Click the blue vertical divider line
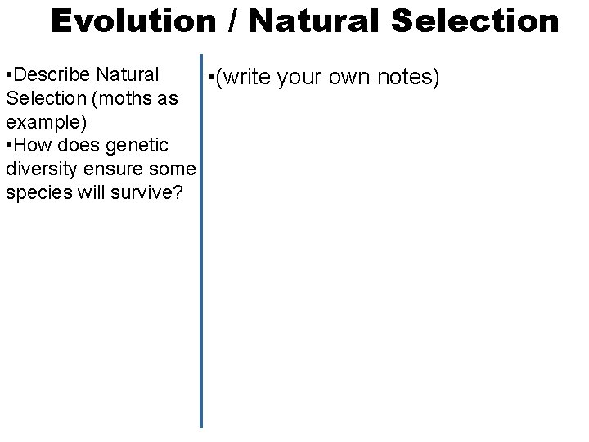pyautogui.click(x=200, y=246)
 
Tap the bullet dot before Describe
pyautogui.click(x=7, y=75)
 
